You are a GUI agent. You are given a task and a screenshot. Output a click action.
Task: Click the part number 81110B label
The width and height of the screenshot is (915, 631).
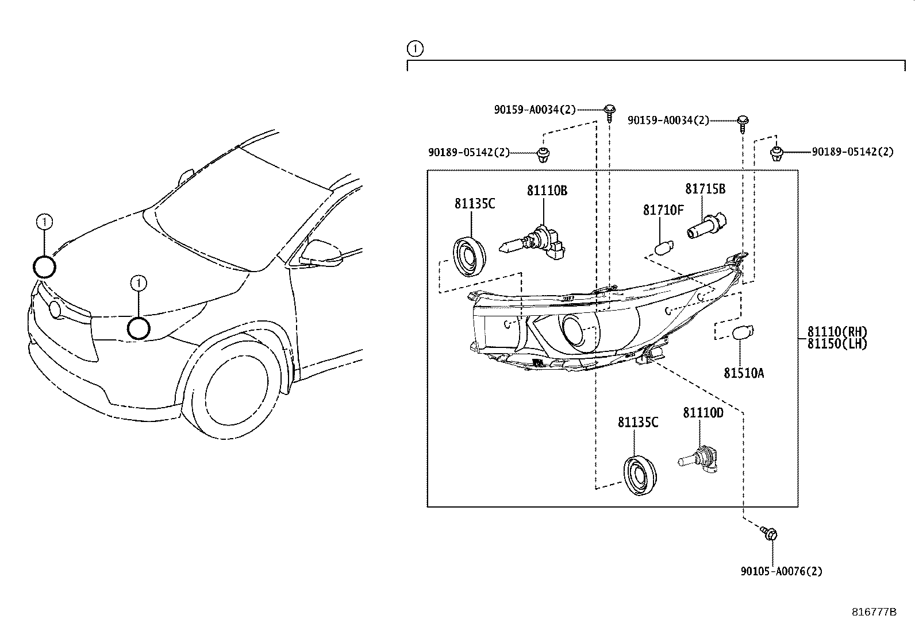547,191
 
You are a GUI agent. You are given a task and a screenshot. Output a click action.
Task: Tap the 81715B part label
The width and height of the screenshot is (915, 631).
705,189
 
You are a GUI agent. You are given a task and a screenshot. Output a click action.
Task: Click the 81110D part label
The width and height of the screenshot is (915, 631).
702,412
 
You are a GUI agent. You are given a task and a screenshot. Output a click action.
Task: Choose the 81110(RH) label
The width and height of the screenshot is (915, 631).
836,332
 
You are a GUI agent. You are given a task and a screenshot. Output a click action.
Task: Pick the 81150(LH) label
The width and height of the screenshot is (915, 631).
836,344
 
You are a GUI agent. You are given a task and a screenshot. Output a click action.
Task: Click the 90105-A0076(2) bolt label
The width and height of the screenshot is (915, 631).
781,571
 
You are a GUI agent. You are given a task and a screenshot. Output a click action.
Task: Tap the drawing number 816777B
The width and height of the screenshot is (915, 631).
874,612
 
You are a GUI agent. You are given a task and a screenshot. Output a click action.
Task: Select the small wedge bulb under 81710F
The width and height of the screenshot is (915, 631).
663,249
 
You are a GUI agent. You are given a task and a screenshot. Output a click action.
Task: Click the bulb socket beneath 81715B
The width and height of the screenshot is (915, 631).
706,226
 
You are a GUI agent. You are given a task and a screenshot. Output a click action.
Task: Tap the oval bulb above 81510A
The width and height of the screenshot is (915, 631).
743,332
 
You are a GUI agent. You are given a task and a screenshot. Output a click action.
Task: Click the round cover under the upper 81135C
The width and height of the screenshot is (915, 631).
468,256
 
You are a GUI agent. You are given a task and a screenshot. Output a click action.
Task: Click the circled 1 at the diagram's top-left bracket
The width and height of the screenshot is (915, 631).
414,48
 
